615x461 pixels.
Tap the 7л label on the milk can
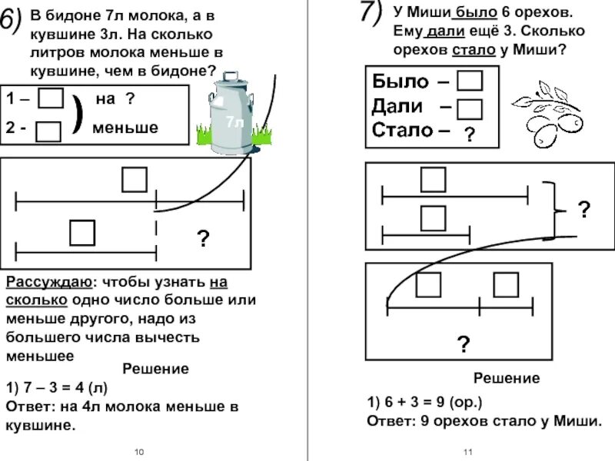(234, 122)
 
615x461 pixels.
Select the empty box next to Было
(469, 81)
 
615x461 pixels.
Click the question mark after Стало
(468, 135)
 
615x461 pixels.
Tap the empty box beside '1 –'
(51, 99)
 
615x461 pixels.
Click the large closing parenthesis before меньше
(77, 114)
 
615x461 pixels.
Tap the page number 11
(467, 451)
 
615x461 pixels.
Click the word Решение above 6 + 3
(506, 378)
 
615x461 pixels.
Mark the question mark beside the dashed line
(202, 240)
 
